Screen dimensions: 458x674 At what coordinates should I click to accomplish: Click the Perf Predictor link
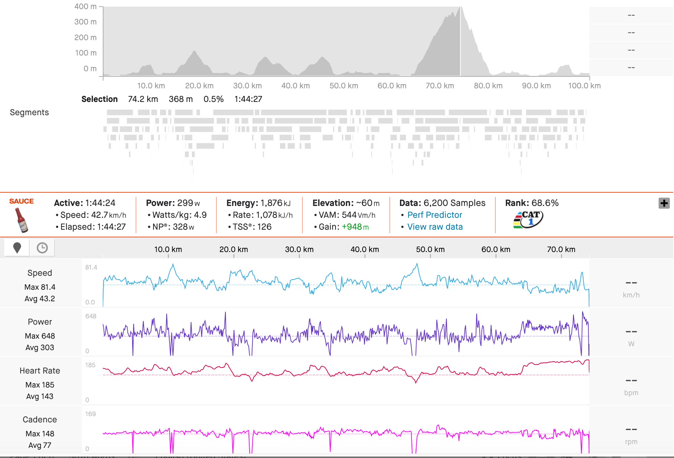click(435, 215)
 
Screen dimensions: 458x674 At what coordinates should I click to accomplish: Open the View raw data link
click(435, 227)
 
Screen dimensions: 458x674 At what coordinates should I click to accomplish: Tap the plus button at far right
click(664, 203)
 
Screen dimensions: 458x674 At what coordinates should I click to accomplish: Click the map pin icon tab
click(17, 248)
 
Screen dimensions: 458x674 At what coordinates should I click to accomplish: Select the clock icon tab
click(42, 248)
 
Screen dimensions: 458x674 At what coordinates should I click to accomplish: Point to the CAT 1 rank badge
click(528, 220)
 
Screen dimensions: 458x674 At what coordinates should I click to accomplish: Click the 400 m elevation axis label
click(85, 7)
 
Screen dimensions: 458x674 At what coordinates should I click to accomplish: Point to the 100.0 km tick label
click(584, 86)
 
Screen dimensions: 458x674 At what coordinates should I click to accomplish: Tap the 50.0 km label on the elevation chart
click(344, 86)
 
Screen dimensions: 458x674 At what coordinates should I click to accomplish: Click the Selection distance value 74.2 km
click(143, 99)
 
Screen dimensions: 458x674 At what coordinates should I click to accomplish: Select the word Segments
click(29, 112)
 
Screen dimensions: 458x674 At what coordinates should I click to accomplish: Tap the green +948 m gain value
click(355, 227)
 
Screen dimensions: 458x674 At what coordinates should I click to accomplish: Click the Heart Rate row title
click(40, 371)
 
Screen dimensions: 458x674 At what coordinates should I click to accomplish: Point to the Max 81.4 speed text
click(40, 287)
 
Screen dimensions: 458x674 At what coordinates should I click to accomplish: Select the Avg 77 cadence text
click(40, 445)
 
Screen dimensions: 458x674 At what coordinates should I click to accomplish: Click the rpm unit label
click(631, 442)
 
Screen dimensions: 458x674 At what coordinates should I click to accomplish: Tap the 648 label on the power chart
click(91, 316)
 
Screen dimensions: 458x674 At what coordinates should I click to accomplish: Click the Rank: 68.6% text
click(532, 203)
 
